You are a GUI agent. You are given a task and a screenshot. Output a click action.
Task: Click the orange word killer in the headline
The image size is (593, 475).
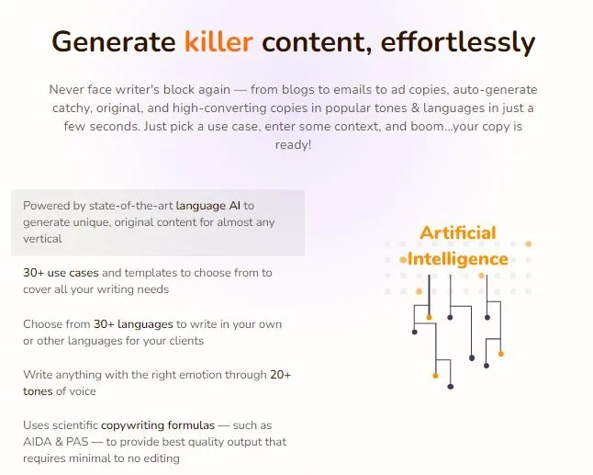tap(218, 41)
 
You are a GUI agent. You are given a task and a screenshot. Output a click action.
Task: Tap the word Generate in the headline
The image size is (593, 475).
tap(114, 41)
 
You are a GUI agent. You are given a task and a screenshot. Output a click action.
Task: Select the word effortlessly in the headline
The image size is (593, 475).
tap(458, 42)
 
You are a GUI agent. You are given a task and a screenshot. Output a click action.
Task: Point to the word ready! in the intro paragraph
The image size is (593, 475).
tap(294, 144)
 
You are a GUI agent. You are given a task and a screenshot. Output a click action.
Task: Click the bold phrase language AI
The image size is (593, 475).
tap(208, 206)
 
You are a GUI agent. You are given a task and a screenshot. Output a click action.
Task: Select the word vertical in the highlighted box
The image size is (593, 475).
tap(42, 239)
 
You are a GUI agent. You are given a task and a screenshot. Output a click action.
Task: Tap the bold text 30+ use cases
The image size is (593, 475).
tap(61, 273)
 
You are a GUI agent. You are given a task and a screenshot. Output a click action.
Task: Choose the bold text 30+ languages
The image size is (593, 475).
tap(133, 324)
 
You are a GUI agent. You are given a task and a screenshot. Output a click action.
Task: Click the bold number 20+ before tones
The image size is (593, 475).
tap(281, 375)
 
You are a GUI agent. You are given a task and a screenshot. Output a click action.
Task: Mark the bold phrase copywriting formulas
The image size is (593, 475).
tap(158, 425)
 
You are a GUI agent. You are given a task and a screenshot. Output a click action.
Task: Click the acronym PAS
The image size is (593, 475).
tap(77, 442)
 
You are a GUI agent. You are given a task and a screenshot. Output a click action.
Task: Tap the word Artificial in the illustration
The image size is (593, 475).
tap(458, 232)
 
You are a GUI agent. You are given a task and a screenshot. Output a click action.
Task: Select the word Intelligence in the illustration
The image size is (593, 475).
tap(458, 260)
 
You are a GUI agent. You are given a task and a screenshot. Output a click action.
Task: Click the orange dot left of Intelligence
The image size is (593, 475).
tap(403, 260)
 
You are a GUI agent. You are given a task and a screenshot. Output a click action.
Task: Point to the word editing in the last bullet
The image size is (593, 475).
tap(161, 458)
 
